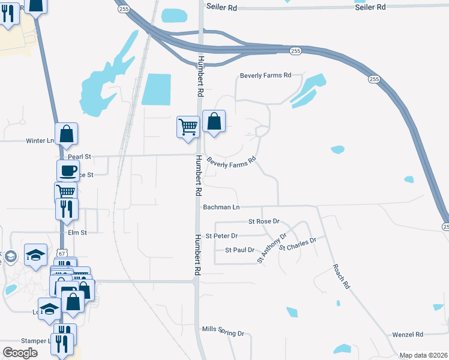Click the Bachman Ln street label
click(x=221, y=207)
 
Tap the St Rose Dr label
click(x=265, y=221)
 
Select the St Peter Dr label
click(x=221, y=236)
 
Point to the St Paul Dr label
click(x=240, y=250)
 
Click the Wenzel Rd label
click(x=408, y=334)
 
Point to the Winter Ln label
click(x=40, y=141)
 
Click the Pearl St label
click(x=79, y=157)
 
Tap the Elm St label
click(x=77, y=232)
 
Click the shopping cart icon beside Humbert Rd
click(x=188, y=127)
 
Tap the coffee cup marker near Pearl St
click(x=68, y=170)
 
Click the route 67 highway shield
click(x=62, y=253)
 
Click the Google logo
click(x=20, y=353)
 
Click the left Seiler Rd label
click(x=222, y=6)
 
